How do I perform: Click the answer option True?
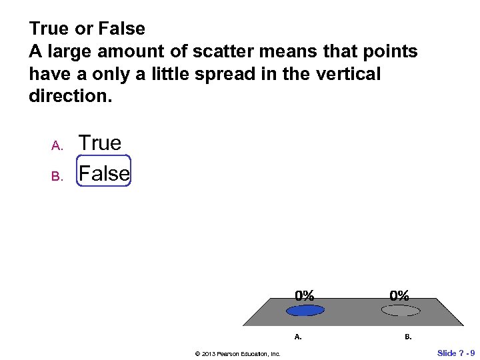click(100, 143)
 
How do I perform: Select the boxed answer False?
click(104, 173)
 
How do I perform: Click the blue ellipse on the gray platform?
click(305, 310)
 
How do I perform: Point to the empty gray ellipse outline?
click(400, 310)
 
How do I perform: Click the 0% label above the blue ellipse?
click(305, 295)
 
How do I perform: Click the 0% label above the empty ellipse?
click(400, 295)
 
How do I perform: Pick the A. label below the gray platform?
click(298, 337)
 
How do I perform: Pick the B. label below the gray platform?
click(408, 337)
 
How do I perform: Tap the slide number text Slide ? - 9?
click(456, 352)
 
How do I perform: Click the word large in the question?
click(67, 51)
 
